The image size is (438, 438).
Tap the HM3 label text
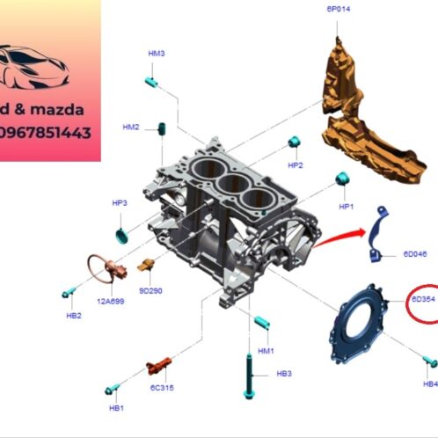pos(157,54)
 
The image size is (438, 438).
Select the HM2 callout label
pos(131,128)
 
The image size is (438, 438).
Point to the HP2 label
pos(296,164)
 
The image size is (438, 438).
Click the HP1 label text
pos(346,207)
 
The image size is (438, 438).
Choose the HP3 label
pos(120,203)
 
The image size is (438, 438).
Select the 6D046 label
pos(414,254)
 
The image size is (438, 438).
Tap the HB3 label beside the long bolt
pos(284,374)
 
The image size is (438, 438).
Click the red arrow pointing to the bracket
pos(339,237)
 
